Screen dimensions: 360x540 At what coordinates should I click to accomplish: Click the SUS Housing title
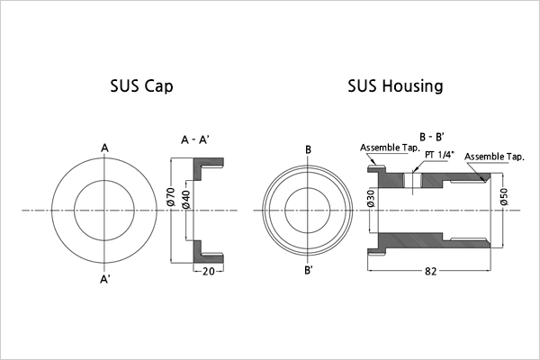pyautogui.click(x=395, y=87)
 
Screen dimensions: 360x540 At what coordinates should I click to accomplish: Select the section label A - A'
pyautogui.click(x=196, y=140)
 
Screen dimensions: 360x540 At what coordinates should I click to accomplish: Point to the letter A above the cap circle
pyautogui.click(x=105, y=147)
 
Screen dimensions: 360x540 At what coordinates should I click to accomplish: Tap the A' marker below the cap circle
pyautogui.click(x=106, y=279)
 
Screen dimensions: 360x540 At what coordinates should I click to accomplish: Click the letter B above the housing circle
pyautogui.click(x=308, y=148)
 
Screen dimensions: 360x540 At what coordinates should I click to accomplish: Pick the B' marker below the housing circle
pyautogui.click(x=309, y=271)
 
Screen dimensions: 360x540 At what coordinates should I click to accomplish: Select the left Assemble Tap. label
pyautogui.click(x=387, y=148)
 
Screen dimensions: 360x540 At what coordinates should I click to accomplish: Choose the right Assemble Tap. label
pyautogui.click(x=494, y=157)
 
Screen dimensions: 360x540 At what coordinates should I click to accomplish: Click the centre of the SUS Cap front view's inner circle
pyautogui.click(x=105, y=211)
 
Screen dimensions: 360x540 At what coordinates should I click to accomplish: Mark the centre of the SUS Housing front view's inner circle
pyautogui.click(x=308, y=211)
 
